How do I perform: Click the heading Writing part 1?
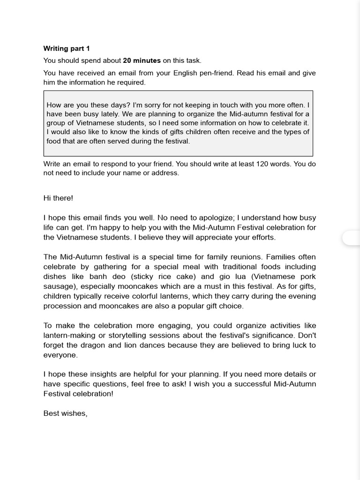click(66, 48)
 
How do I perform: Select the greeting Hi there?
click(58, 198)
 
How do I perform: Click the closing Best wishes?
click(65, 413)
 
